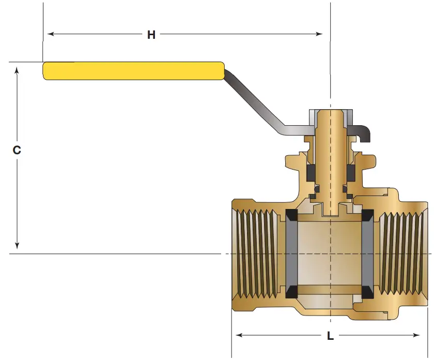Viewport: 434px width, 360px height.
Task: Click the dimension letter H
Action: point(151,35)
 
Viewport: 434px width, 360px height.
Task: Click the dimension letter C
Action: point(17,150)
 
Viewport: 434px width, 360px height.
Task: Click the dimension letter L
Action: point(330,336)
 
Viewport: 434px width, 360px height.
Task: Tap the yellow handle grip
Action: point(133,71)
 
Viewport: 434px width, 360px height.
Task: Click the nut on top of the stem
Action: point(331,117)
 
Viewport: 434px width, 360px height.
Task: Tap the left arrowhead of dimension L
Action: point(239,336)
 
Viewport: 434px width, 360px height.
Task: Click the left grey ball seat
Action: point(291,253)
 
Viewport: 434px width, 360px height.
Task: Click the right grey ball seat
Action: point(368,253)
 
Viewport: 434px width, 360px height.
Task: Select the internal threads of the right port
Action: point(403,253)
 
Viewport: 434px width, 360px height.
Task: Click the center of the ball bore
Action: point(330,253)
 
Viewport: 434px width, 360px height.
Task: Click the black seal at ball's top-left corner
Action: point(289,215)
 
